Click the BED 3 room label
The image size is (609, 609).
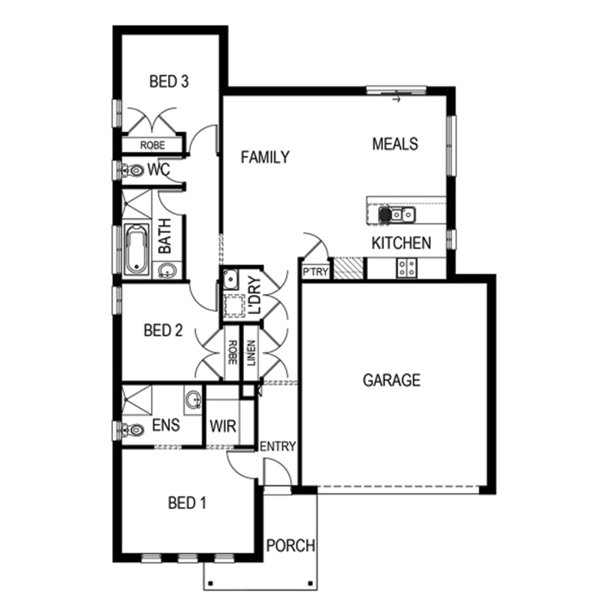(169, 81)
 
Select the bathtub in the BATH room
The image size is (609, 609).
(136, 248)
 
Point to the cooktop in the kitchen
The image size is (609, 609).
(406, 268)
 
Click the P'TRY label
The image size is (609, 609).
(315, 272)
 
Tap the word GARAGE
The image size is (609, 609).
(391, 380)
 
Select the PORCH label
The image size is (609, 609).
(291, 545)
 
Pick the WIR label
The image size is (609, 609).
(223, 426)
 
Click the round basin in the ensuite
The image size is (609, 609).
(193, 400)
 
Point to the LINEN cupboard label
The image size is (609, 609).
(251, 353)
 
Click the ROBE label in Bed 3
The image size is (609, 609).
(153, 145)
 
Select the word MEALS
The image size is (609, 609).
(395, 144)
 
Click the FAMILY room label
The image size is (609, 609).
(265, 157)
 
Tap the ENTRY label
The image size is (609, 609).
(278, 446)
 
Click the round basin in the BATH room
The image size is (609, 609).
(167, 270)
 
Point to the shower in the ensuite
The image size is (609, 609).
(137, 400)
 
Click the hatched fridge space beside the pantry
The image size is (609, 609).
(348, 268)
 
